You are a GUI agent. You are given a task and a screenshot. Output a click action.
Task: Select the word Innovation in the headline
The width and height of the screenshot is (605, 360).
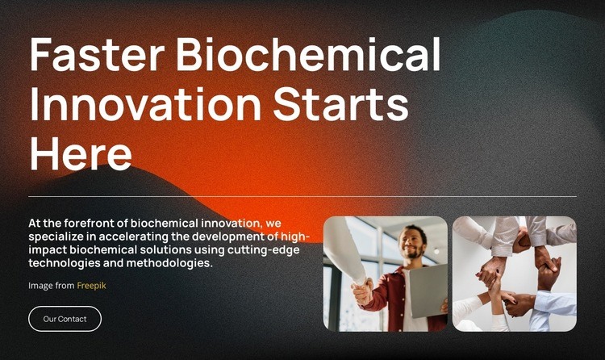point(145,105)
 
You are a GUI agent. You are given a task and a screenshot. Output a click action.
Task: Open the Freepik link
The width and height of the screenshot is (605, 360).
point(91,285)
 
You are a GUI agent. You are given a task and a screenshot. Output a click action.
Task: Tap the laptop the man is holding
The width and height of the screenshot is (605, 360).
point(428,291)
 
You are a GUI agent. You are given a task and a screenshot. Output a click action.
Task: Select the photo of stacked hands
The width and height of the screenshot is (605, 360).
point(515,274)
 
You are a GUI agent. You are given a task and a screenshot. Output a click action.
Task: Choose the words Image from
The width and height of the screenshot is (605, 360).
point(51,285)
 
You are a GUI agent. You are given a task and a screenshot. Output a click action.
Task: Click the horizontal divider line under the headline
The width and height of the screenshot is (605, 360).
point(302,196)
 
